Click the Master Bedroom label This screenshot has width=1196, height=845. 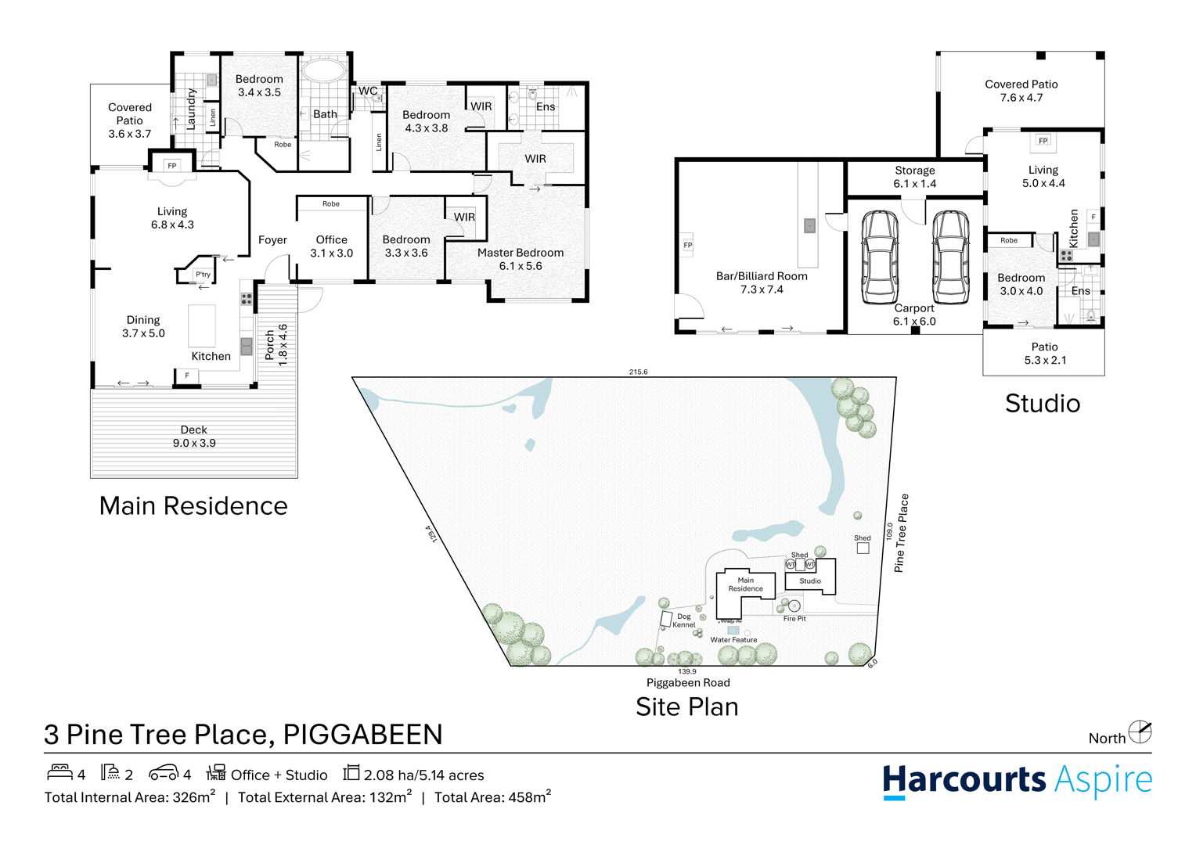click(520, 253)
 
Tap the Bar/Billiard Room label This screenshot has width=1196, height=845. click(762, 276)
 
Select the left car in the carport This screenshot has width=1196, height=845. click(879, 257)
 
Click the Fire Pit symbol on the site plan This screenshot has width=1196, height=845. click(794, 606)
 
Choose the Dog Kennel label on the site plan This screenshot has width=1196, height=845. click(684, 620)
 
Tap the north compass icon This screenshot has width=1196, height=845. click(1140, 732)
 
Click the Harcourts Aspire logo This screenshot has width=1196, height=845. click(1017, 781)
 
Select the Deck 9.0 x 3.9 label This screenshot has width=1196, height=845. click(194, 436)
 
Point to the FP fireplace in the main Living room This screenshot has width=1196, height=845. click(172, 166)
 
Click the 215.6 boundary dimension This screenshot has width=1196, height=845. click(638, 372)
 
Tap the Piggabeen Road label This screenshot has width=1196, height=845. click(688, 682)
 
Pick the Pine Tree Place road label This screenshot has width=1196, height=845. click(901, 534)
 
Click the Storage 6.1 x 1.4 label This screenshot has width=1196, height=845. click(915, 177)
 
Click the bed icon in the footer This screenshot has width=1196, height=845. click(59, 771)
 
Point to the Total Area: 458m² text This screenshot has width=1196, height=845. click(492, 796)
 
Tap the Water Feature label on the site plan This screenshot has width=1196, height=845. click(733, 639)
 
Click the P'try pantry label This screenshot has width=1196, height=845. click(203, 275)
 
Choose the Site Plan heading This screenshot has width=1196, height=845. click(687, 707)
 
